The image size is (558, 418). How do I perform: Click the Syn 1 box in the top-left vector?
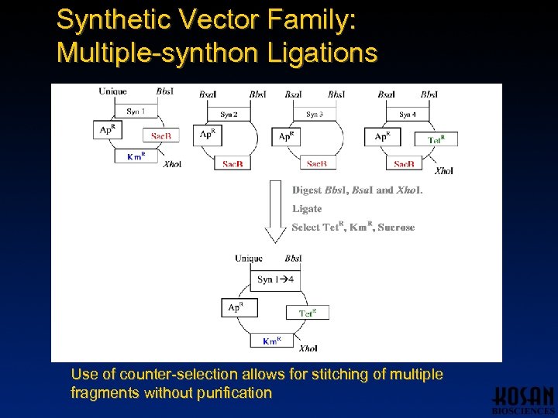tap(136, 111)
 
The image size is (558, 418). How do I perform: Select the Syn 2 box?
tap(229, 115)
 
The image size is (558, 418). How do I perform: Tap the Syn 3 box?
tap(314, 115)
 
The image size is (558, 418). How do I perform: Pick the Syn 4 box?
tap(408, 115)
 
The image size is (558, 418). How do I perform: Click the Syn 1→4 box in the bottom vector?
tap(275, 279)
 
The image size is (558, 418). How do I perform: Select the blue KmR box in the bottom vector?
tap(271, 341)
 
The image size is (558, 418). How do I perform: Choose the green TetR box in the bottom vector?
tap(307, 313)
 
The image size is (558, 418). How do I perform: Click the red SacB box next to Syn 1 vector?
tap(161, 135)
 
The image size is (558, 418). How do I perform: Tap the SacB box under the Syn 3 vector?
tap(316, 163)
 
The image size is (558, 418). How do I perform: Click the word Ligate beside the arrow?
tap(307, 209)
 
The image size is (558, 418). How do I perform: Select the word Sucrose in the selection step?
tap(396, 228)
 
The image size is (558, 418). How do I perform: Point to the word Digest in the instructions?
tap(307, 190)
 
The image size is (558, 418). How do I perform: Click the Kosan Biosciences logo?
tap(523, 399)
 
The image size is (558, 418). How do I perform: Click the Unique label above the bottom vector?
tap(249, 259)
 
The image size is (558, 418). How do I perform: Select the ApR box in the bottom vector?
tap(236, 308)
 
